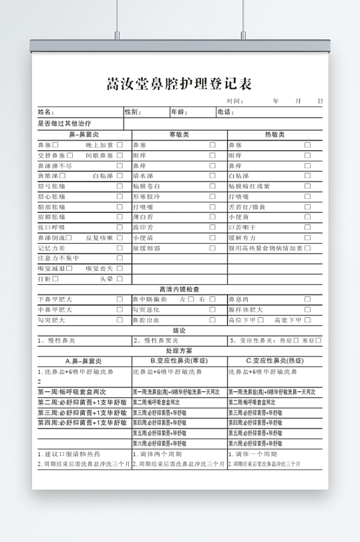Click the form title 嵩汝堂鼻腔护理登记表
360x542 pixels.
(x=179, y=85)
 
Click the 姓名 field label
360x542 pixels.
(x=45, y=112)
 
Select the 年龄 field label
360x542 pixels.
(x=179, y=112)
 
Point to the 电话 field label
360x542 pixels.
(x=225, y=112)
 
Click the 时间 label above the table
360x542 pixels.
(x=233, y=101)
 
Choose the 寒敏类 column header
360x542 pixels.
(x=179, y=135)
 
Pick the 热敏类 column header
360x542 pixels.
(x=275, y=135)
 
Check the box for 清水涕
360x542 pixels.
(x=212, y=176)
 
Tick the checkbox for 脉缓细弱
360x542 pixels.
(x=212, y=248)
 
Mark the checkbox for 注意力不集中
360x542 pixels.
(x=120, y=258)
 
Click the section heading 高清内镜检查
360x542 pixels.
(x=179, y=289)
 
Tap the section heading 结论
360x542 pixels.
(x=179, y=330)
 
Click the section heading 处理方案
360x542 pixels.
(x=179, y=350)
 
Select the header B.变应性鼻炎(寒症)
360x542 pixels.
(x=179, y=360)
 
